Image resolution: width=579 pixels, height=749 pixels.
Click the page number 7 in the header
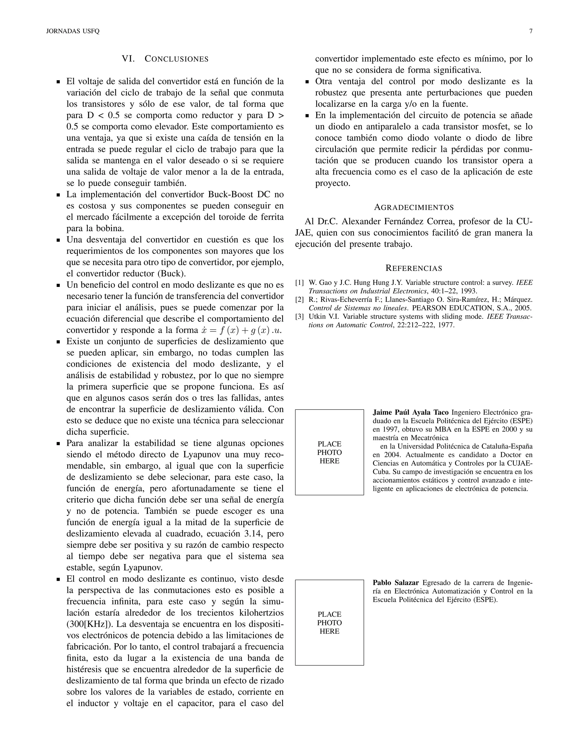pyautogui.click(x=531, y=31)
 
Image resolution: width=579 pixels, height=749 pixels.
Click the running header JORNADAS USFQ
pyautogui.click(x=73, y=31)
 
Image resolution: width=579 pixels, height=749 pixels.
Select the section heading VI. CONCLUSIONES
pyautogui.click(x=165, y=59)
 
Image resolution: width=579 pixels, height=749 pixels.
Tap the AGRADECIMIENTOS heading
pyautogui.click(x=414, y=207)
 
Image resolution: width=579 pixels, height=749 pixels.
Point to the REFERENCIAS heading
pyautogui.click(x=414, y=268)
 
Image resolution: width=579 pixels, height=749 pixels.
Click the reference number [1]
pyautogui.click(x=299, y=283)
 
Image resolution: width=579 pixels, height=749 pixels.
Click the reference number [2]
pyautogui.click(x=299, y=299)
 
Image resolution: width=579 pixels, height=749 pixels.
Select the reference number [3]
pyautogui.click(x=299, y=316)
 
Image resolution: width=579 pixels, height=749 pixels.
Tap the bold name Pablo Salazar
pyautogui.click(x=396, y=583)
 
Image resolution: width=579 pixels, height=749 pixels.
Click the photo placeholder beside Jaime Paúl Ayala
pyautogui.click(x=329, y=452)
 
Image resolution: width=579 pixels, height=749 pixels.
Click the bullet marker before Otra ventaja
pyautogui.click(x=308, y=82)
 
